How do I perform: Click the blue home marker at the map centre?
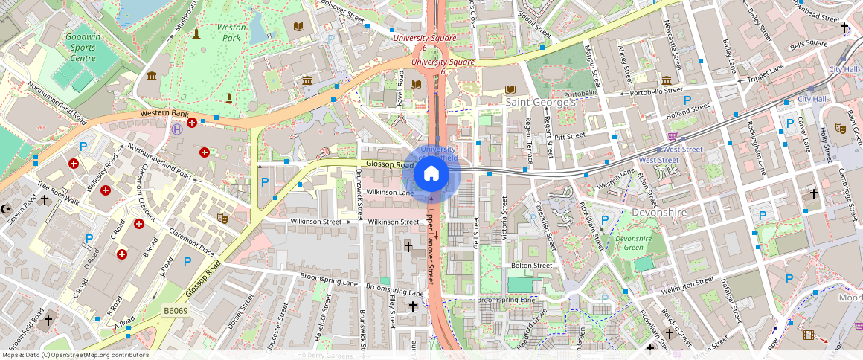pos(431,175)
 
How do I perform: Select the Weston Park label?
pos(231,32)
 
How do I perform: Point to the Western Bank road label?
pos(164,113)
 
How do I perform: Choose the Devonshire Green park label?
pos(633,243)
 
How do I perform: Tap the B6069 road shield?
pos(176,309)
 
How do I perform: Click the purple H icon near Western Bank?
pos(176,129)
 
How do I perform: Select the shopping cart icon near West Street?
pos(673,136)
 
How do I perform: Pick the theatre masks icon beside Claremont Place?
pos(221,218)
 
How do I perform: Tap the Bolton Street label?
pos(531,266)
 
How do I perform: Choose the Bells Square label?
pos(808,45)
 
